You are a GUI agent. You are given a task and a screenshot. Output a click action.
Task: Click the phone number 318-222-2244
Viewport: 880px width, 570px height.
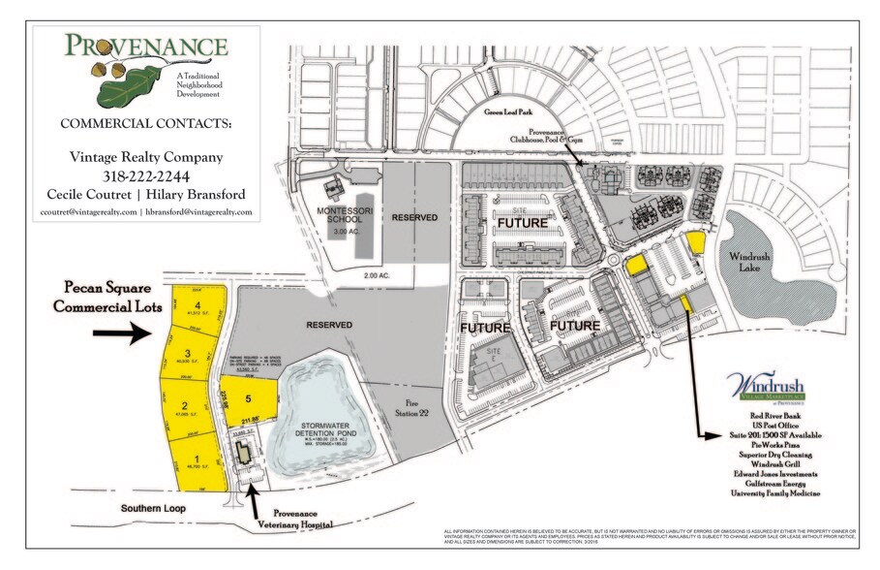146,175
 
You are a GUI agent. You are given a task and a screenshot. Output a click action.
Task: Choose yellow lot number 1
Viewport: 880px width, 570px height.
197,459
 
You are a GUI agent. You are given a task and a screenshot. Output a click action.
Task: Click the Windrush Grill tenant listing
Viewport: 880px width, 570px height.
772,462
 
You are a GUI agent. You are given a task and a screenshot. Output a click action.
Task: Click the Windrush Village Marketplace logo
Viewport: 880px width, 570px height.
771,388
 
